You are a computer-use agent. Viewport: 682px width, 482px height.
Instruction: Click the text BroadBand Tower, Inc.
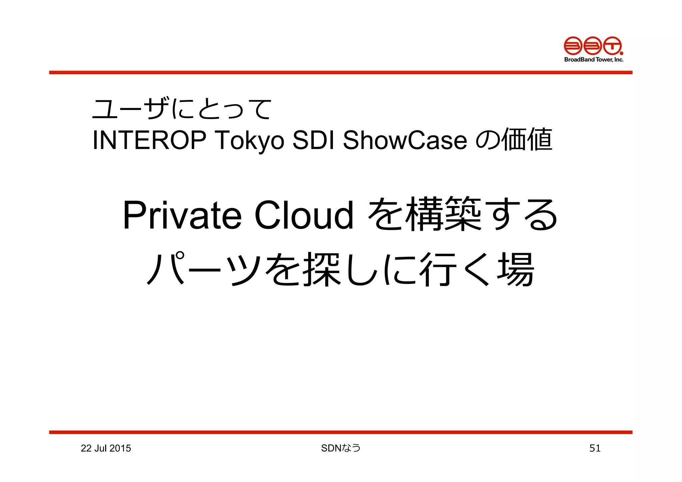pos(593,60)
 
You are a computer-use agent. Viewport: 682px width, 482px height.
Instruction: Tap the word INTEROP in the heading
pos(149,140)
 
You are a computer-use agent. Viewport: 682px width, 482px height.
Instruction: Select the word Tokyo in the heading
pos(250,140)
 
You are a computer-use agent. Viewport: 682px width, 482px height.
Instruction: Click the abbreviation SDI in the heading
pos(313,140)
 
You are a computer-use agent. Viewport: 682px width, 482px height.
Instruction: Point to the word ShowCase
pos(405,140)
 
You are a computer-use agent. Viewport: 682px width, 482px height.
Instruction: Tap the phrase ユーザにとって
pos(182,109)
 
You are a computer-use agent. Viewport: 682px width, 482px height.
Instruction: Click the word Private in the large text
pos(182,216)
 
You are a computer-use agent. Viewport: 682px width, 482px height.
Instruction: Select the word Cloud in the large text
pos(304,216)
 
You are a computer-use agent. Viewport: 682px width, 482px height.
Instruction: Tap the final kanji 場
pos(516,269)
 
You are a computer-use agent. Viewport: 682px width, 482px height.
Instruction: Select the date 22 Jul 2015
pos(106,448)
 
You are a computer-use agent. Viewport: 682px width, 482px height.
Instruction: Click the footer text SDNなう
pos(341,448)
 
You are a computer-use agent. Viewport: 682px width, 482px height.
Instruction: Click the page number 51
pos(595,448)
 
